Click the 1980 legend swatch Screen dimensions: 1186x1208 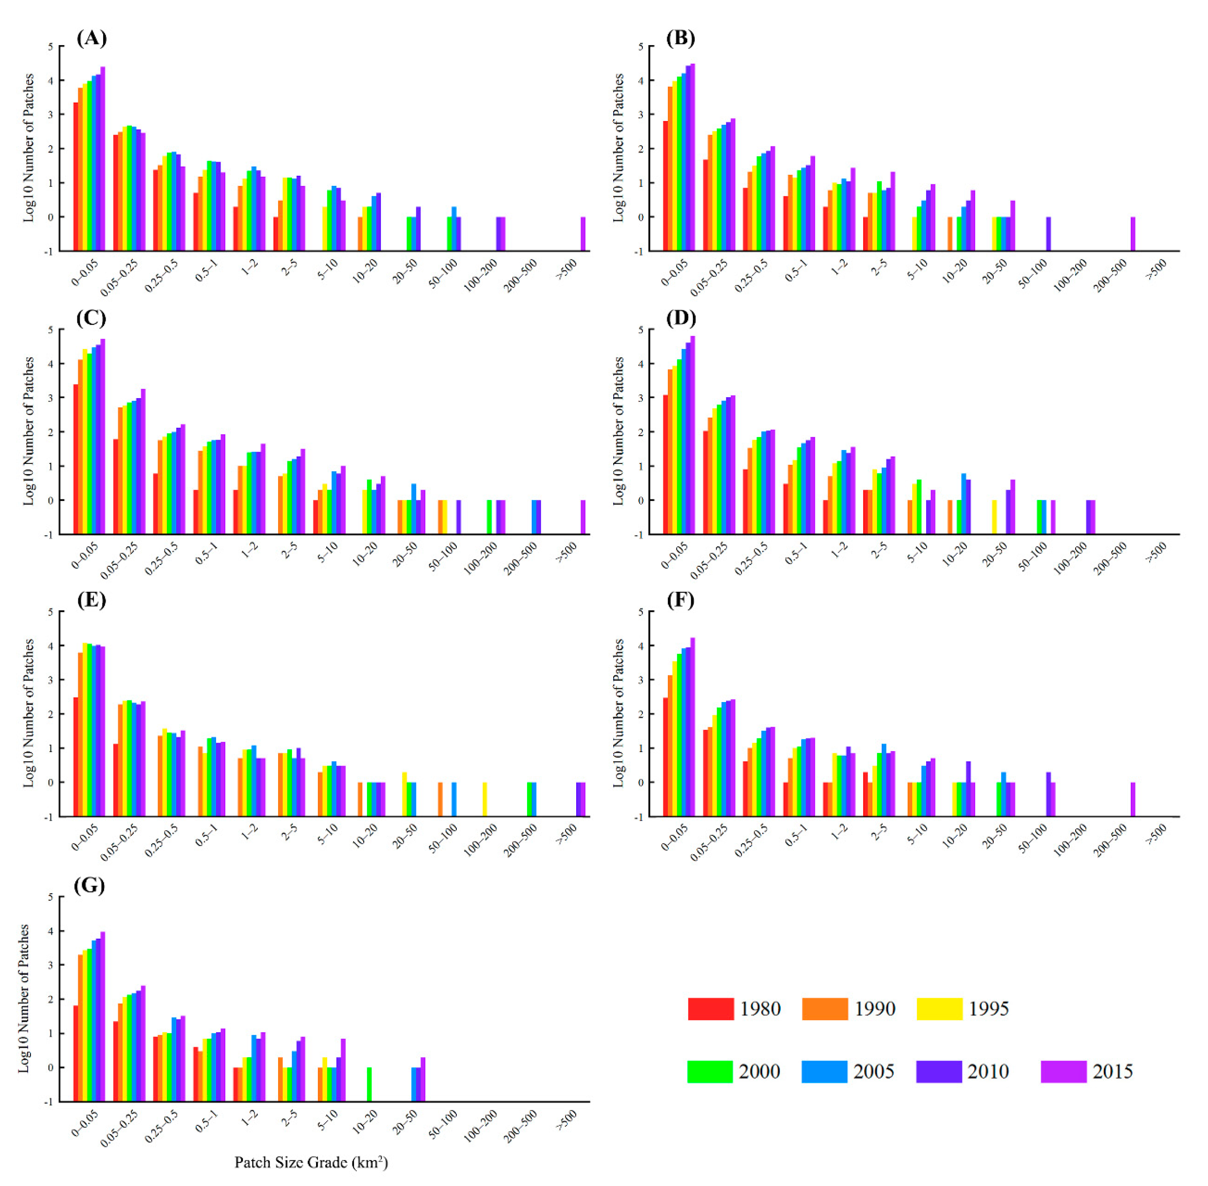click(x=710, y=1009)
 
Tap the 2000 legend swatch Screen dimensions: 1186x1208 click(x=709, y=1071)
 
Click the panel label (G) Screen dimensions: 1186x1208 click(x=89, y=886)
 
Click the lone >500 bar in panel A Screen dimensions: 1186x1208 click(x=583, y=234)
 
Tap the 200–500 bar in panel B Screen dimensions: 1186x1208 click(x=1133, y=234)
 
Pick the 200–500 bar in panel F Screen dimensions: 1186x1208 click(x=1133, y=799)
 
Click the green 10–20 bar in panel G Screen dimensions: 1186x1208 click(x=369, y=1085)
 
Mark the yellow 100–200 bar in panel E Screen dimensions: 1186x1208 click(x=485, y=799)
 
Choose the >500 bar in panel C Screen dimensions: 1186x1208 click(x=583, y=517)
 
